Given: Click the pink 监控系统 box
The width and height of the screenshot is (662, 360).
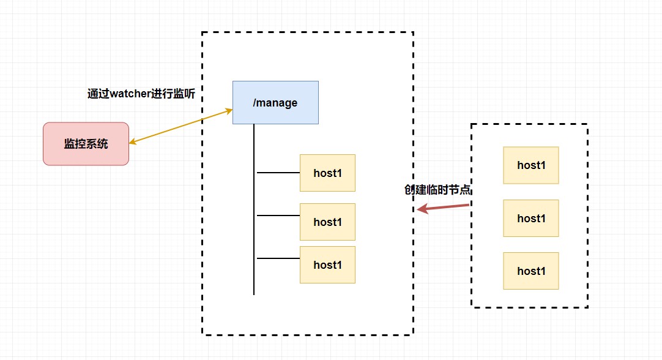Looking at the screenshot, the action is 86,144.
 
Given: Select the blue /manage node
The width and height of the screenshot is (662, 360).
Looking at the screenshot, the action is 275,103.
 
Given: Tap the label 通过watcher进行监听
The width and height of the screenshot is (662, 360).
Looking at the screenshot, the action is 141,94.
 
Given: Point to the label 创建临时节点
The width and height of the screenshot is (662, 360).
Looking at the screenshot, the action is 437,190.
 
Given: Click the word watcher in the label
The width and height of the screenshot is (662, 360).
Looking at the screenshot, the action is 130,94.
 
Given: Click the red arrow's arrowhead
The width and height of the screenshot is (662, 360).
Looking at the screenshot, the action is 423,209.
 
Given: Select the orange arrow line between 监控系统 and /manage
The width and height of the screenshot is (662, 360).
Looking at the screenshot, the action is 180,126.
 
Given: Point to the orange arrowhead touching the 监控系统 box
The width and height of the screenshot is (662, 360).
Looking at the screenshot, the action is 133,142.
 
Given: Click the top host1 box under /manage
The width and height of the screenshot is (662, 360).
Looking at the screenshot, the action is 327,173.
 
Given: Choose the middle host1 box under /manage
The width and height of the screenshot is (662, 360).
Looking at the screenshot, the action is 327,222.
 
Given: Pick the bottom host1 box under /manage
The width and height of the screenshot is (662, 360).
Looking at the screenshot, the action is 327,264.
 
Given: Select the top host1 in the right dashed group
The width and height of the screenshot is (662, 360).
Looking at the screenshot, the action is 531,165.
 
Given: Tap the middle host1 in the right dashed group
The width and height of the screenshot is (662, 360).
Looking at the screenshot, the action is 531,218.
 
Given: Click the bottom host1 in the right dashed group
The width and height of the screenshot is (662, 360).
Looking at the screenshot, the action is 531,271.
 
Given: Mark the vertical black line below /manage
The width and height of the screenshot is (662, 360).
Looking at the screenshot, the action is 254,209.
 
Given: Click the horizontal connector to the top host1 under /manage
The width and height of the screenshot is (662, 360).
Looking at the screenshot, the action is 278,173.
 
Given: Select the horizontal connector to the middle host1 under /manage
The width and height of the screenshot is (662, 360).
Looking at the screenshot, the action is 278,216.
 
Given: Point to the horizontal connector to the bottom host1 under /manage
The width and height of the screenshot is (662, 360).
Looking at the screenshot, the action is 278,258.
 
